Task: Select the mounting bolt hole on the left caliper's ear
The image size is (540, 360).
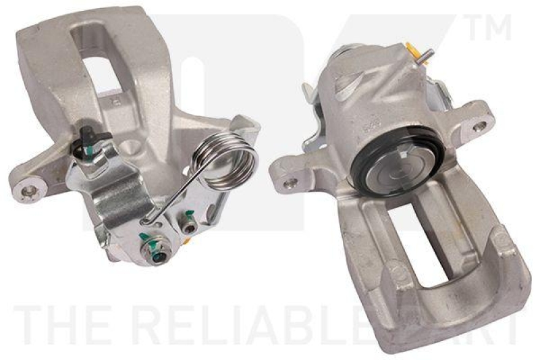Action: coord(28,192)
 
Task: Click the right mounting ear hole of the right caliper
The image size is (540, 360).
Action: coord(479,126)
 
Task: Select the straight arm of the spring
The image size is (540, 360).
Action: coord(172,196)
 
